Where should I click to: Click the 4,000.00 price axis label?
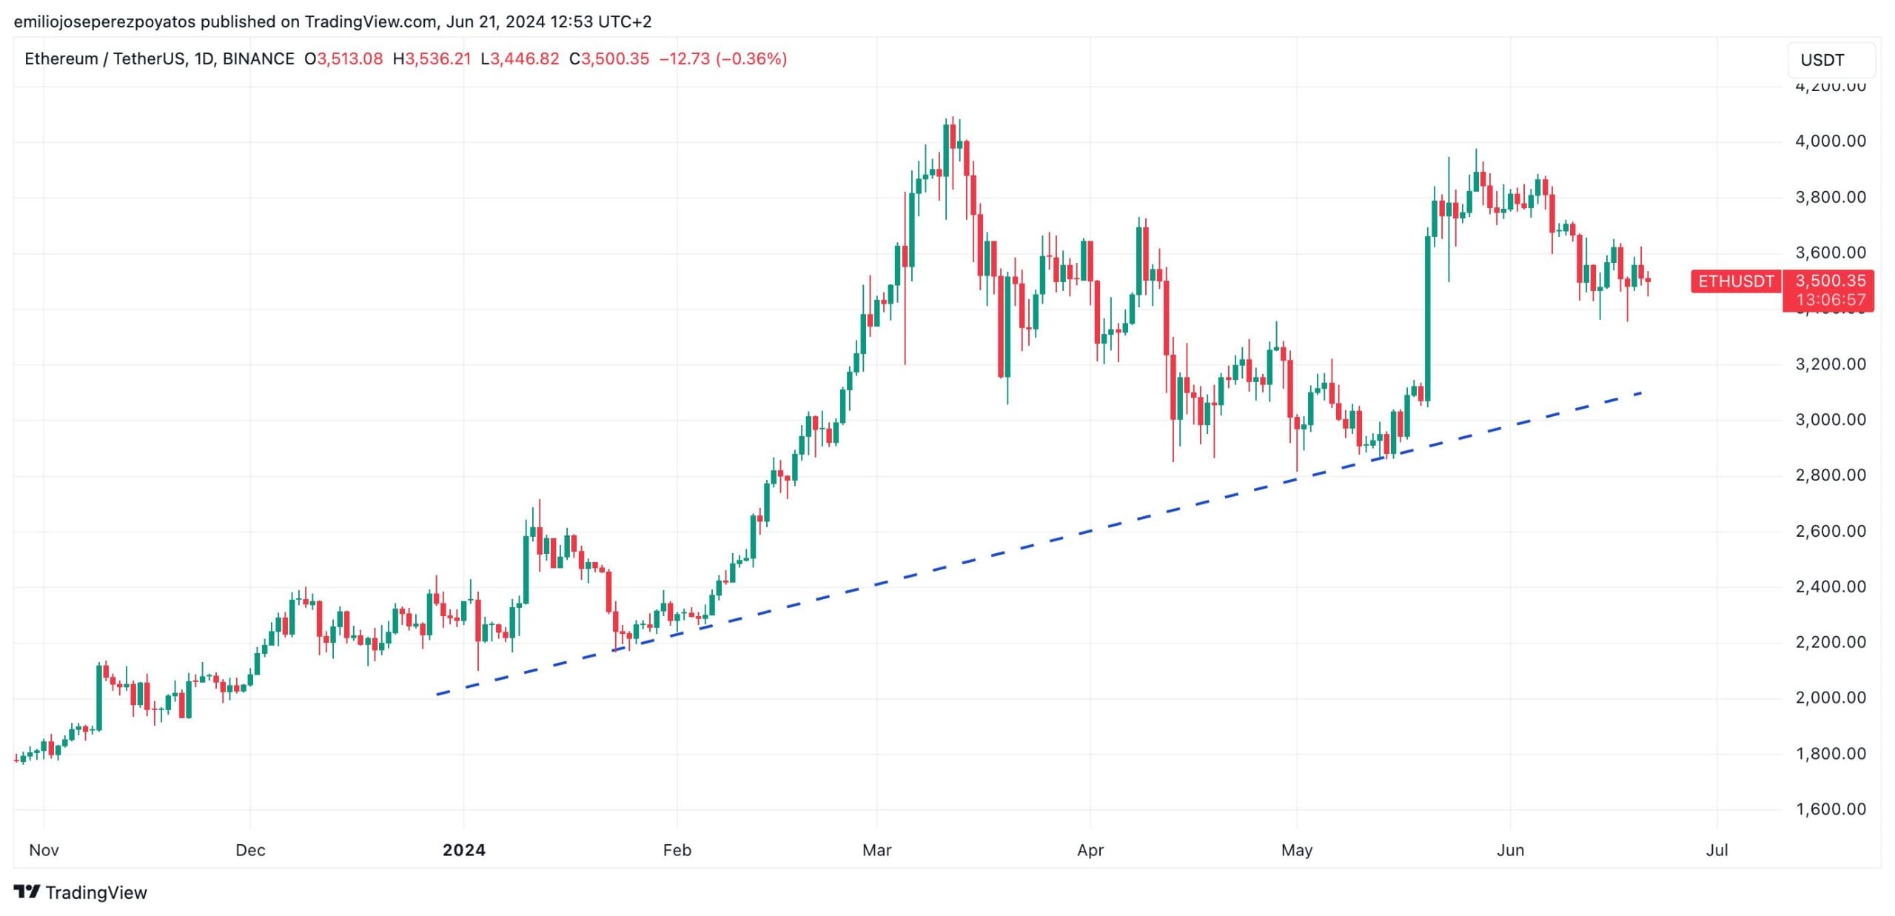(1830, 141)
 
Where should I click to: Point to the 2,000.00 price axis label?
(1830, 698)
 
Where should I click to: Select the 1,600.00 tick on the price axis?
(1830, 809)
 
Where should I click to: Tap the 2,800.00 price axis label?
(1830, 475)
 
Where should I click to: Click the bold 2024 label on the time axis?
(463, 850)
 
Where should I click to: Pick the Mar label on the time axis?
(876, 850)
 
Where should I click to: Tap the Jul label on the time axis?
(1717, 850)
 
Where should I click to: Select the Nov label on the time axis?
(44, 850)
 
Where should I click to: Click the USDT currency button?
(1822, 60)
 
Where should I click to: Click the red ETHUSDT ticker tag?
(1736, 281)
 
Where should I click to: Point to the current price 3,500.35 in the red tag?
(1830, 281)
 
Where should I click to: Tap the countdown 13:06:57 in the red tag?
(1830, 300)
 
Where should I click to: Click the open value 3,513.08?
(349, 58)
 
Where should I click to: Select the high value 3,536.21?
(437, 58)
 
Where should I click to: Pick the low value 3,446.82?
(525, 58)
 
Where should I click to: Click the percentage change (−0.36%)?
(751, 58)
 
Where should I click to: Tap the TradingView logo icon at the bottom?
(27, 892)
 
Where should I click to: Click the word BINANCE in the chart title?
(258, 58)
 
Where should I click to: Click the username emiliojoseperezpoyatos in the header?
(104, 21)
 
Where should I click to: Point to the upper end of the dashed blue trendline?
(1641, 392)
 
